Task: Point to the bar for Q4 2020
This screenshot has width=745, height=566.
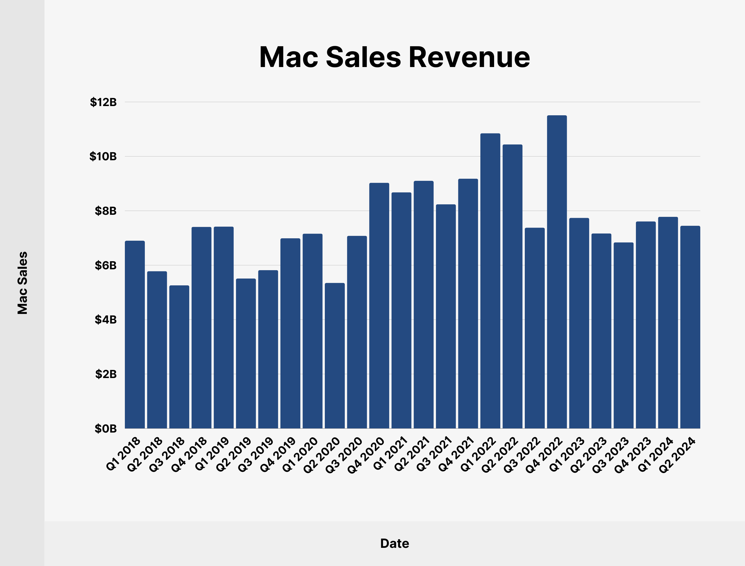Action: point(379,306)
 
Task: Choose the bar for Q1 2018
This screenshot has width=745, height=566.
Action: point(135,335)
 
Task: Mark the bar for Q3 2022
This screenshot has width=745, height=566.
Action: point(534,328)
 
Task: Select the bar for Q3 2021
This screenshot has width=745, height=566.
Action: point(446,316)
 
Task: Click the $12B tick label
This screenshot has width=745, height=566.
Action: point(103,102)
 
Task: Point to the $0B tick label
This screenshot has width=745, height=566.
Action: point(105,429)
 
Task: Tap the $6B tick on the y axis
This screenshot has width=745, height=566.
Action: point(105,265)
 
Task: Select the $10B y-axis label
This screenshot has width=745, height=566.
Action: point(103,156)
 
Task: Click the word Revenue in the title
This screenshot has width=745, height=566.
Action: point(469,57)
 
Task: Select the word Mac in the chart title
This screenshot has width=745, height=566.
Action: point(288,57)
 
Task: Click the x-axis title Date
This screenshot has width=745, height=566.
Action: point(394,543)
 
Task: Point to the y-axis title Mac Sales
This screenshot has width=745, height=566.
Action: point(22,283)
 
